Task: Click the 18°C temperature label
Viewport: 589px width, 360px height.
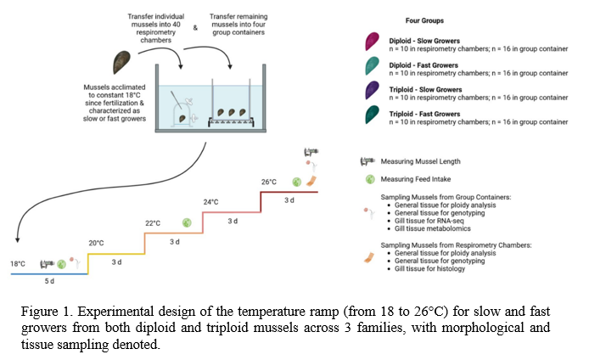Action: [x=18, y=264]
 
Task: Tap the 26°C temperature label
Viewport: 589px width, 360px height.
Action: [x=269, y=182]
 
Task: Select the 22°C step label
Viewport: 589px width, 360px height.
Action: [x=153, y=223]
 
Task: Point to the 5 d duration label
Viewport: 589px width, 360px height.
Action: [x=49, y=281]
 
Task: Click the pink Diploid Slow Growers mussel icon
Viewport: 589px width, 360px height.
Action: [x=372, y=41]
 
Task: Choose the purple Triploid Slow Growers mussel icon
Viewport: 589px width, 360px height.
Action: [x=372, y=90]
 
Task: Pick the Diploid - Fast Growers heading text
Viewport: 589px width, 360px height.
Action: [x=424, y=65]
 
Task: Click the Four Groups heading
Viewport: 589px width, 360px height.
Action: [x=424, y=20]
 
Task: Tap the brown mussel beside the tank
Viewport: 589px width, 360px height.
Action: [x=121, y=62]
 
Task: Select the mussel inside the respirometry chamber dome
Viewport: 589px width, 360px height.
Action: [x=182, y=119]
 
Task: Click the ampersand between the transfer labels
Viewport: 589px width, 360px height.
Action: [x=195, y=28]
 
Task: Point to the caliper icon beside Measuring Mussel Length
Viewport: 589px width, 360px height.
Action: [x=367, y=161]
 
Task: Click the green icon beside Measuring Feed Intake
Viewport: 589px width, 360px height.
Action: [x=370, y=179]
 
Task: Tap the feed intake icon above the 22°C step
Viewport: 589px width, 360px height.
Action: [x=187, y=222]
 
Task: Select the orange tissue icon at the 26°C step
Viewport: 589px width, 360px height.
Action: [x=311, y=181]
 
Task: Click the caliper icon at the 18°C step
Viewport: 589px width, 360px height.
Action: [x=48, y=264]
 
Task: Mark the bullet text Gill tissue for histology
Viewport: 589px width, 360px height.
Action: [x=429, y=268]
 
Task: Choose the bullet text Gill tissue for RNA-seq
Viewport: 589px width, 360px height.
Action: [x=429, y=221]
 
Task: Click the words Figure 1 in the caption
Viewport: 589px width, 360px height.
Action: [x=46, y=312]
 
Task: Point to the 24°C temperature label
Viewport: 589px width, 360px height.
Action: [x=210, y=202]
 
